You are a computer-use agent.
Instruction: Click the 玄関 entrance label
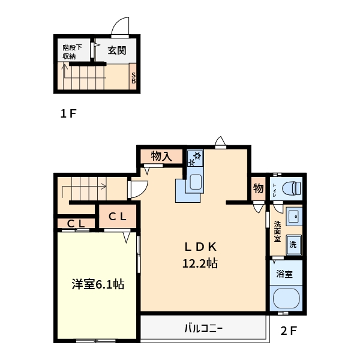116,50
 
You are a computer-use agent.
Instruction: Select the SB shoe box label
133,77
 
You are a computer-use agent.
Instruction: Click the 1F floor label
68,113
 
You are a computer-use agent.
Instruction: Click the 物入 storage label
161,156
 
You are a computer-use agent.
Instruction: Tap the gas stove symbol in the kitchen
196,158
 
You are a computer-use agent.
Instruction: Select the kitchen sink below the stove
195,182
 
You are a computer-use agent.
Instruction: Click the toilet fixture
291,188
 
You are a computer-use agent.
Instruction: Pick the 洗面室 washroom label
277,231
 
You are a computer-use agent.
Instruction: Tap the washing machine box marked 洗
293,244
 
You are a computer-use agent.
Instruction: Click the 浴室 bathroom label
284,274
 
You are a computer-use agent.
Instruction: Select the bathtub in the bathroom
286,298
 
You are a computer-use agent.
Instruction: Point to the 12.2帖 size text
200,262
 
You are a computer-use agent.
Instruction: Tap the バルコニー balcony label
203,328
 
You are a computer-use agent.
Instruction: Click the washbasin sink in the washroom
293,215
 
